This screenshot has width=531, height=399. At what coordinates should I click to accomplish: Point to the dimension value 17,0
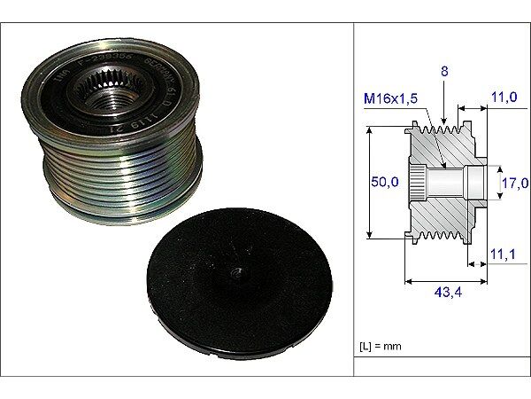tap(514, 184)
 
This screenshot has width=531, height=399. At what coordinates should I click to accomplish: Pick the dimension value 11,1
tap(502, 254)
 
